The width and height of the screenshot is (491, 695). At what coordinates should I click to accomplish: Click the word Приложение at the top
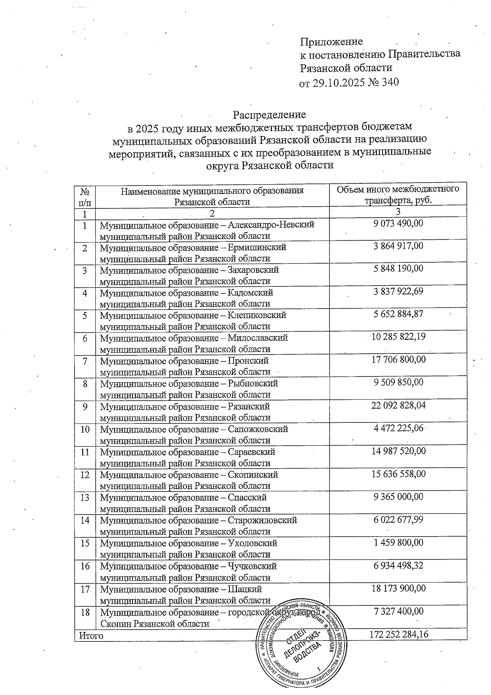pos(331,41)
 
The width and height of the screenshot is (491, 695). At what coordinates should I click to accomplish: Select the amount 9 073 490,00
pos(398,223)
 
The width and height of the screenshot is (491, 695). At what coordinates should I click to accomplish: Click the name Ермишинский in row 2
pos(257,247)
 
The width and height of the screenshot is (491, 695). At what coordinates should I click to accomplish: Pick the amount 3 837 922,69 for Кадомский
pos(398,291)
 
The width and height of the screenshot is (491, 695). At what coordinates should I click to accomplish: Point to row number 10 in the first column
pos(85,429)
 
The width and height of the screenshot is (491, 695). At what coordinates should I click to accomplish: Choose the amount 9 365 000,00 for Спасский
pos(398,496)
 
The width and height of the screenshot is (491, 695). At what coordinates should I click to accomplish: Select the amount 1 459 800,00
pos(398,542)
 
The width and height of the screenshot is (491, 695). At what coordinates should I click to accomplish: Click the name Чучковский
pos(252,566)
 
